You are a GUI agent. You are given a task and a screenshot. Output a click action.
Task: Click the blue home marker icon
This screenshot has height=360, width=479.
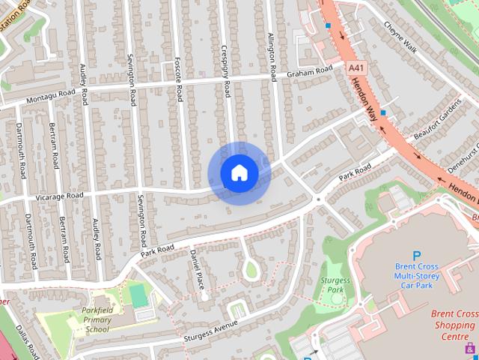[x=239, y=173]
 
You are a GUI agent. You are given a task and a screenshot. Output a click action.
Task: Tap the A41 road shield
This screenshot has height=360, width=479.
[x=356, y=67]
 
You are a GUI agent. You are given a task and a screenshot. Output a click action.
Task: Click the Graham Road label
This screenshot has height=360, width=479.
[x=309, y=72]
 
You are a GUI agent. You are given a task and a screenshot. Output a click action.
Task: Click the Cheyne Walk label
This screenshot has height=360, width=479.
[x=400, y=35]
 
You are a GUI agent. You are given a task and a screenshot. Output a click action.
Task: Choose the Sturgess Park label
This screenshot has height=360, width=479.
[x=335, y=284]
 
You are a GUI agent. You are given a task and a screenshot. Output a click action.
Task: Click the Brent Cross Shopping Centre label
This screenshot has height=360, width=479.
[x=455, y=325]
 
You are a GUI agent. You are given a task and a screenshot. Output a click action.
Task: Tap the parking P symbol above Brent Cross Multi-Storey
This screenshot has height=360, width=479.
[x=417, y=256]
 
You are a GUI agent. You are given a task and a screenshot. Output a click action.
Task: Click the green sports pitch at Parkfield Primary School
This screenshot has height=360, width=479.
[x=138, y=295]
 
